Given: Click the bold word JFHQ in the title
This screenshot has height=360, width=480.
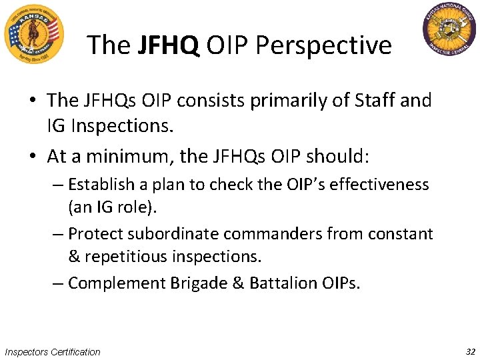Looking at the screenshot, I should [x=169, y=45].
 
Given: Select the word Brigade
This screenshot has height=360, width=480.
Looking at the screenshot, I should [x=197, y=283].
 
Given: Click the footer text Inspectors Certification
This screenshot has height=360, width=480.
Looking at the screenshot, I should [x=53, y=352].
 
